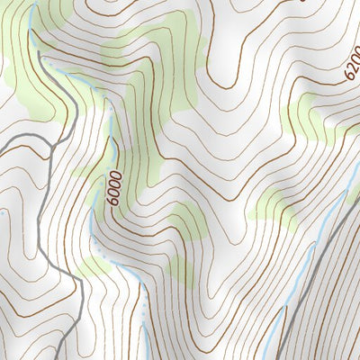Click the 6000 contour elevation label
point(113,187)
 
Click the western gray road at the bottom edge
point(79,357)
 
